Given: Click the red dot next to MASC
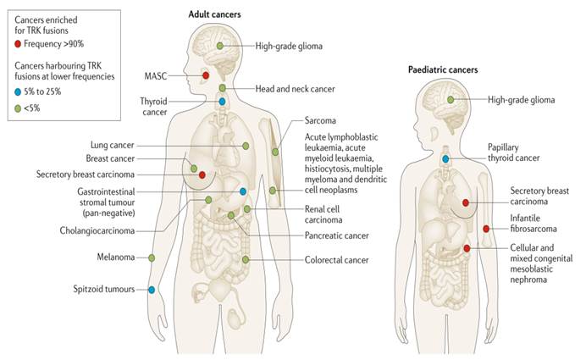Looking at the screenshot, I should click(x=205, y=76).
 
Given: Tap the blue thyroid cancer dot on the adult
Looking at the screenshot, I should click(x=222, y=102).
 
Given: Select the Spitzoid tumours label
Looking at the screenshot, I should click(x=103, y=290).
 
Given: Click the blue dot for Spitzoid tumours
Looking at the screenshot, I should click(x=152, y=290).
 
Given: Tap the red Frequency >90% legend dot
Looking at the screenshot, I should click(x=19, y=43).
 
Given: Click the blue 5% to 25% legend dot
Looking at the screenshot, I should click(x=19, y=91).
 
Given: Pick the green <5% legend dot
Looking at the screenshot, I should click(x=19, y=107).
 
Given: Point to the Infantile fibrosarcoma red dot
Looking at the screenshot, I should click(x=486, y=229).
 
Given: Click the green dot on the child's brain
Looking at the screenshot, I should click(x=451, y=101).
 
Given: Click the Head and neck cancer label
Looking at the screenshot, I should click(x=296, y=88).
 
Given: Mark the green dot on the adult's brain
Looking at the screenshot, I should click(x=221, y=45).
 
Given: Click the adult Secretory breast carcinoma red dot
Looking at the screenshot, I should click(x=202, y=174).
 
